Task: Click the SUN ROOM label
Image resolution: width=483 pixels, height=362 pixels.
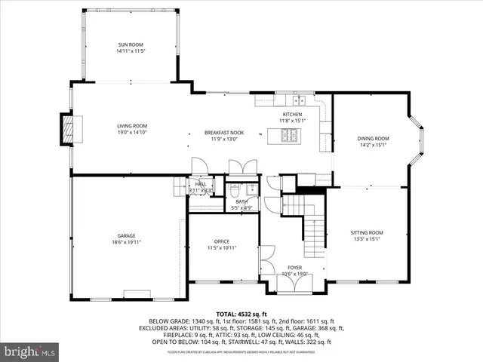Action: tap(130, 45)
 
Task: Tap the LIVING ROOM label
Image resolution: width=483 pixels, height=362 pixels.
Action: tap(131, 126)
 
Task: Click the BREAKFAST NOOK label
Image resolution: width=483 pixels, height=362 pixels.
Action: tap(223, 133)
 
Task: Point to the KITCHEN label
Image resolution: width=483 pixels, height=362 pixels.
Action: tap(292, 114)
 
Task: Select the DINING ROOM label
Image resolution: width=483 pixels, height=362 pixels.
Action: tap(373, 139)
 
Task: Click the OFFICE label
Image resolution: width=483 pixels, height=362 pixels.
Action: tap(222, 241)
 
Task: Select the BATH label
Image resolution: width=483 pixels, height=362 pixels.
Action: tap(241, 201)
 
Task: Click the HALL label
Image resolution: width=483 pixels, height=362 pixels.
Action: tap(201, 184)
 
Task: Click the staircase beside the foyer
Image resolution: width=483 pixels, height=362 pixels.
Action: tap(312, 234)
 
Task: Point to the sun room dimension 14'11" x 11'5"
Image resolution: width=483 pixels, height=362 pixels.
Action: tap(130, 52)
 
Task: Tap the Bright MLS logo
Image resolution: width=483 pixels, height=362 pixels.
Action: tap(30, 351)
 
